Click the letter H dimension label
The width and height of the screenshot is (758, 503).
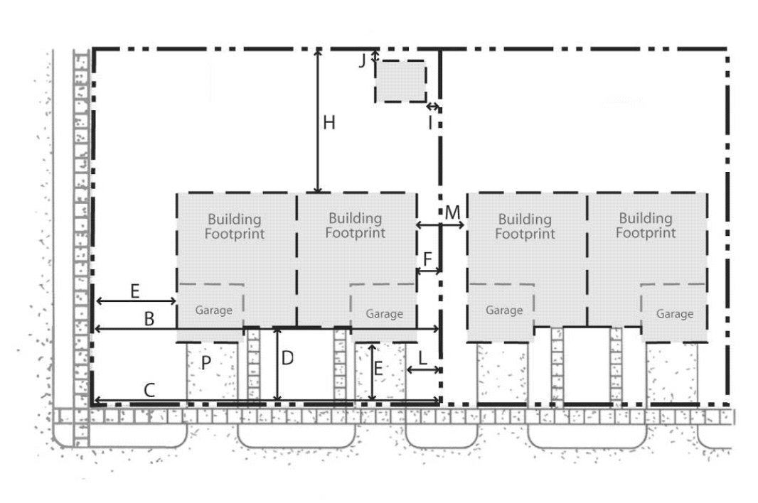pos(329,123)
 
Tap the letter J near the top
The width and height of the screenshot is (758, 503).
pos(362,61)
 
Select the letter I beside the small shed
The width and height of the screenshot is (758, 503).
pos(430,123)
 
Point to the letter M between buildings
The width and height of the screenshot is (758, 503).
pos(452,212)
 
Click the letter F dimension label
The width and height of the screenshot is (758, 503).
pos(427,259)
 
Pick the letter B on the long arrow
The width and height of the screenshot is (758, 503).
pos(149,319)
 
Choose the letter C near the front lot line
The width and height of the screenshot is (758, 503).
pos(149,390)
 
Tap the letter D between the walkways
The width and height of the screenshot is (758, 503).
pos(287,358)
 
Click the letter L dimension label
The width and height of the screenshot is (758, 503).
pos(422,359)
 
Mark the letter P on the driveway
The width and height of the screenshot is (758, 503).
pos(206,362)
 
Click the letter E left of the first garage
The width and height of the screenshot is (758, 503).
pos(135,291)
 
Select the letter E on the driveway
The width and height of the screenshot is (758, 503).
pos(378,369)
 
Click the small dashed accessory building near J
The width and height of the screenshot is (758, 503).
pos(401,81)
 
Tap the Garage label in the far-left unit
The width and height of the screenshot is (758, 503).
pos(213,310)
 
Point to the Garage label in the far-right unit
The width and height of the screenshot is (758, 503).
pos(675,314)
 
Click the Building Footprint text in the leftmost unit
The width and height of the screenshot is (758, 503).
pos(235,227)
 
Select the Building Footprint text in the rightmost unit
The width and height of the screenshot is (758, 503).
pos(646,226)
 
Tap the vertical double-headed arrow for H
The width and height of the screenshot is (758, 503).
pos(318,121)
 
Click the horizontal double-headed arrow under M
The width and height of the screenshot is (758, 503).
pos(440,225)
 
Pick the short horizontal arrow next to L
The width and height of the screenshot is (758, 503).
pos(424,370)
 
